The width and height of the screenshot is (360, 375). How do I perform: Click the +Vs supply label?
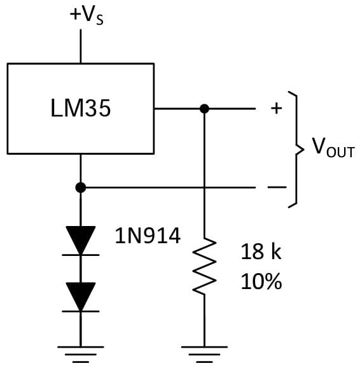coord(87,15)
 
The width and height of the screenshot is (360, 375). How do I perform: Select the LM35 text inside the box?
coord(80,109)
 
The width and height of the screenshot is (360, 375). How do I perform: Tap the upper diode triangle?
coord(81,239)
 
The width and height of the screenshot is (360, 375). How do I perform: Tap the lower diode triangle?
coord(81,296)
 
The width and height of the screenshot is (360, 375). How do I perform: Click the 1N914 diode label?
coord(148,237)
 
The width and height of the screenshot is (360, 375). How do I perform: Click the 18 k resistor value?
coord(261,252)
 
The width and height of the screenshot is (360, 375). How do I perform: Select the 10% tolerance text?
coord(261,281)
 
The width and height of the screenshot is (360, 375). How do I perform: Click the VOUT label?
coord(333,150)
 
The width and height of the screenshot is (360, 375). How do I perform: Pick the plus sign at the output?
coord(276,109)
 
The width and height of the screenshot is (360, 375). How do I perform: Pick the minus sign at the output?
coord(276,187)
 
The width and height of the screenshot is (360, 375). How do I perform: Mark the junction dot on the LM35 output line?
coord(204,109)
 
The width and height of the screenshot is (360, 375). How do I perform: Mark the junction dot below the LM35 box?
coord(81,187)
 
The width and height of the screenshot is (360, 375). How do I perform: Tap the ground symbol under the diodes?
coord(81,353)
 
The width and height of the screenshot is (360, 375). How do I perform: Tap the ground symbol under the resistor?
coord(204,353)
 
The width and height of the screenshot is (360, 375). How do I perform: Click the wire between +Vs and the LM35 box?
coord(81,45)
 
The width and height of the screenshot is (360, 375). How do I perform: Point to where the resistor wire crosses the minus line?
coord(204,187)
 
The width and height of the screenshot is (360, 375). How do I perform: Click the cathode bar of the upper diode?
coord(81,255)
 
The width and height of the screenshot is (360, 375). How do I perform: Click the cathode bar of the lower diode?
coord(81,311)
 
